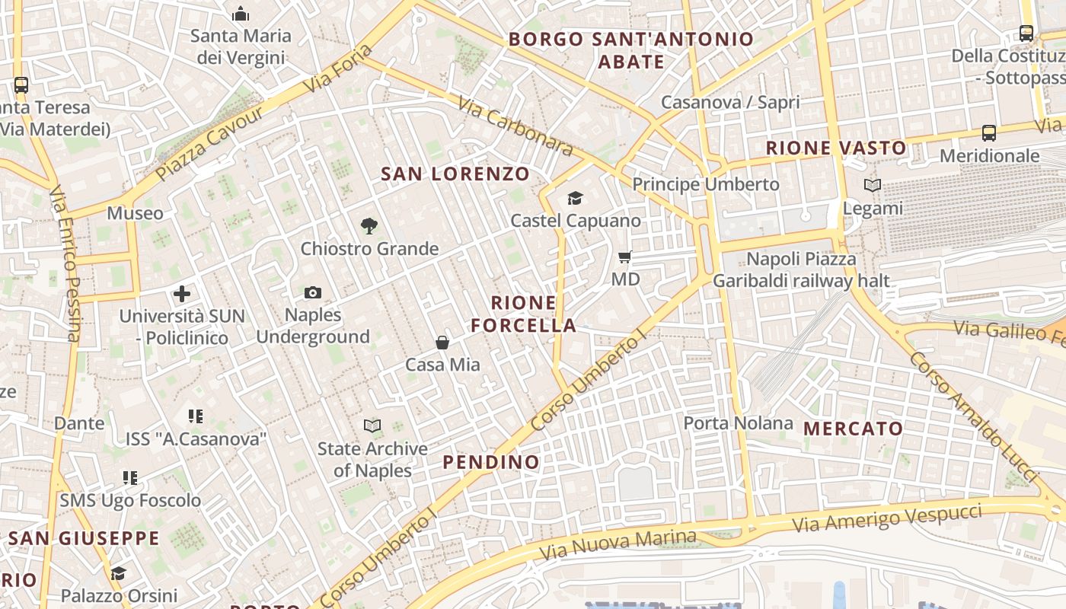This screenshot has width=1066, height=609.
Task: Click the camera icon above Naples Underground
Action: click(x=312, y=293)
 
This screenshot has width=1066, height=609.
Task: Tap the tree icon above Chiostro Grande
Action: click(x=369, y=226)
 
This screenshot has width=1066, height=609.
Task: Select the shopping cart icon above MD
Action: click(x=625, y=257)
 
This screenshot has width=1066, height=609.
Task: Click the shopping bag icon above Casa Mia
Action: click(x=442, y=343)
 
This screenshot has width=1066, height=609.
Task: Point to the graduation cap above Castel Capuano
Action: click(x=575, y=199)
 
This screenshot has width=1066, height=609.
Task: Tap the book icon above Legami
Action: click(x=873, y=186)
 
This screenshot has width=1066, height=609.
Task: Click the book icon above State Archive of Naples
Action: click(x=372, y=426)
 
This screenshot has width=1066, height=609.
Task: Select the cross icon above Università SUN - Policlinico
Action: click(x=181, y=294)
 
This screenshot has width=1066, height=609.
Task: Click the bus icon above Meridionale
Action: click(x=988, y=133)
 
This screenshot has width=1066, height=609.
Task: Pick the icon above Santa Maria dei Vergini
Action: click(x=241, y=14)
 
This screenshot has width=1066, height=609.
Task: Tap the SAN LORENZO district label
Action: click(x=455, y=174)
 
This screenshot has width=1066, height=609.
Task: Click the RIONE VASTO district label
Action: click(x=836, y=148)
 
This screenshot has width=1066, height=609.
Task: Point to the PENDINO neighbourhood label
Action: click(x=491, y=462)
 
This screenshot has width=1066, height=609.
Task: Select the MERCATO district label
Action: click(x=853, y=429)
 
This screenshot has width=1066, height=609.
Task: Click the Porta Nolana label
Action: click(x=738, y=422)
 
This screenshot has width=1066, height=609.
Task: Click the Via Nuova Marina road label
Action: click(x=617, y=545)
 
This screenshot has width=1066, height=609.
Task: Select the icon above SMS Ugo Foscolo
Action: click(x=130, y=478)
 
